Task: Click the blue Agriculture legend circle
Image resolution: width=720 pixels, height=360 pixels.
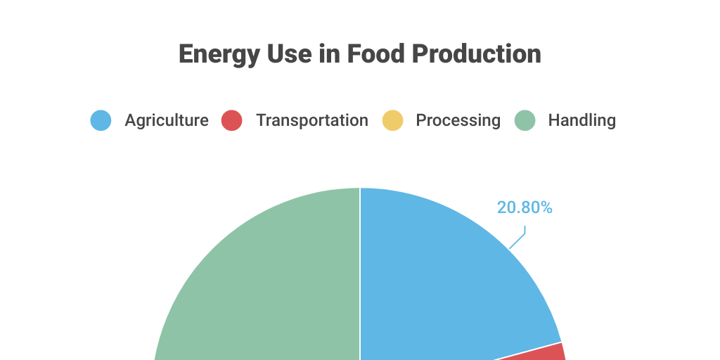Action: tap(101, 120)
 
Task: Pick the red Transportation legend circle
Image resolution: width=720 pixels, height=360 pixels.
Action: tap(231, 120)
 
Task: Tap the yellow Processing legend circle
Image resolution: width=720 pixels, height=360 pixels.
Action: tap(392, 120)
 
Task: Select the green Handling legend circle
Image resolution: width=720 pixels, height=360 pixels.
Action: tap(525, 120)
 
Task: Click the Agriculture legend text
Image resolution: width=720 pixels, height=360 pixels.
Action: tap(167, 120)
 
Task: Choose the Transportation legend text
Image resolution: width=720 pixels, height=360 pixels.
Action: tap(311, 120)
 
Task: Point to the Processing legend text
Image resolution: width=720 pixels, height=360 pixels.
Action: tap(458, 120)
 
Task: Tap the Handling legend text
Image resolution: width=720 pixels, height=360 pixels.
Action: tap(581, 120)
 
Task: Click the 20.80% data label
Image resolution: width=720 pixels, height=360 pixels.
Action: tap(525, 207)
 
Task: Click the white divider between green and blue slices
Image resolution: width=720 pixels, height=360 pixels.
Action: tap(360, 281)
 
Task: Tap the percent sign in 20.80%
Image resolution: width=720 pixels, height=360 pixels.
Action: tap(546, 207)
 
